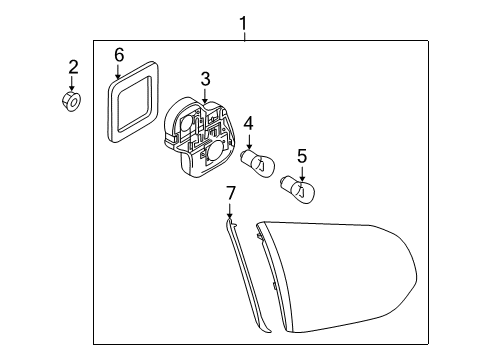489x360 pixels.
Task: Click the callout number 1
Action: pos(244,24)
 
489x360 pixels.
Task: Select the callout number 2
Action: pos(73,67)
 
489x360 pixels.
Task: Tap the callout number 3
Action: pos(205,79)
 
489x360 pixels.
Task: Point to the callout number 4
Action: pos(248,124)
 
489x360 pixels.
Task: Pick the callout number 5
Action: pos(302,156)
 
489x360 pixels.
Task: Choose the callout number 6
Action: pos(119,55)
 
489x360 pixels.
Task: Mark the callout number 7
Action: pos(231,193)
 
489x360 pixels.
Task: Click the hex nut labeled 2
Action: pos(72,101)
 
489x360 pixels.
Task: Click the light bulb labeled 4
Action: pos(259,163)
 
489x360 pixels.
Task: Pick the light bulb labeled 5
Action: pos(298,190)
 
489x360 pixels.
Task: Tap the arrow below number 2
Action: pos(71,84)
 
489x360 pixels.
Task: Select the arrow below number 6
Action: pos(117,72)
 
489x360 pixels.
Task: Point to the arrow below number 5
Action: pos(302,174)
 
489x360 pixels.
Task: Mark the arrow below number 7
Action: pos(229,211)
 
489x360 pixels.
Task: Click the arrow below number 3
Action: pos(205,95)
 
